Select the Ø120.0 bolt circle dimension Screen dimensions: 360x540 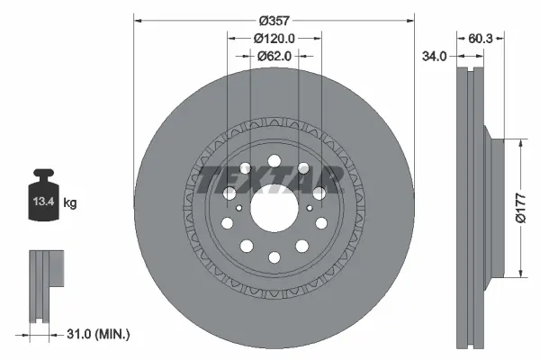(274, 38)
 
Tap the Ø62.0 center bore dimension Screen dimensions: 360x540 (274, 56)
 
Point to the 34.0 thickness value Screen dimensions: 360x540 (435, 56)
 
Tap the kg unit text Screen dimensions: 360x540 (70, 203)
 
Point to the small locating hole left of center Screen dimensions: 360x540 (238, 208)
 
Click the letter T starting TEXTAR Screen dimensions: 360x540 (210, 180)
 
